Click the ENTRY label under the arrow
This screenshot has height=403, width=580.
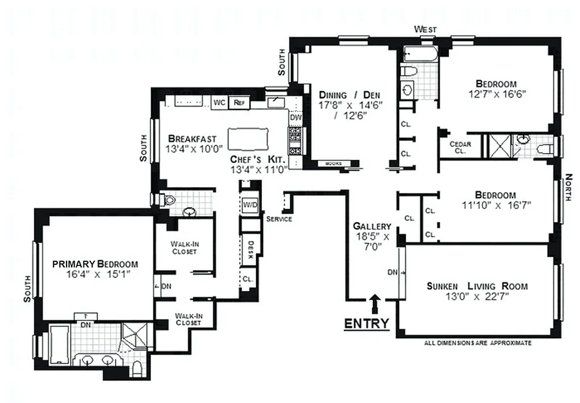[x=366, y=323]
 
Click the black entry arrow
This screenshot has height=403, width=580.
[x=374, y=304]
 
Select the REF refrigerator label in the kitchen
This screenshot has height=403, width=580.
[x=238, y=102]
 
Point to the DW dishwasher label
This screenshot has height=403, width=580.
[x=295, y=117]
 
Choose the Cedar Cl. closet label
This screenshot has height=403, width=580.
[x=460, y=147]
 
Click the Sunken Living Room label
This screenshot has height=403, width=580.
[x=477, y=286]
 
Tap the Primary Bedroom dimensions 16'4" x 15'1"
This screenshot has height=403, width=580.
[x=96, y=275]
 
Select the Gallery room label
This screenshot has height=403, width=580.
[x=372, y=226]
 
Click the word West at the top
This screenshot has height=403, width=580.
[x=425, y=30]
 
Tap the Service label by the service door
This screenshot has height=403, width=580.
[x=279, y=219]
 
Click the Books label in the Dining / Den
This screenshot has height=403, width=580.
[x=334, y=164]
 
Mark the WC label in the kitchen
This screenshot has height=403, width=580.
[x=219, y=102]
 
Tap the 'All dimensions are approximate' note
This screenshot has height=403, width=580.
[x=477, y=343]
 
